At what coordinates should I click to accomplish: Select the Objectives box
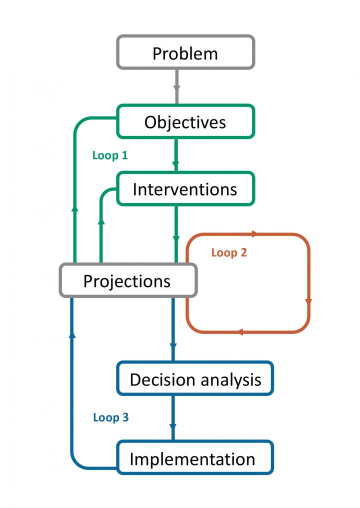[185, 121]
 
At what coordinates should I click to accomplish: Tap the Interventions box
[185, 189]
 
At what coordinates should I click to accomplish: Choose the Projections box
[127, 280]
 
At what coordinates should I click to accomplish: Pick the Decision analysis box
[195, 379]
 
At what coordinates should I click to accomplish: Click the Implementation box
[195, 458]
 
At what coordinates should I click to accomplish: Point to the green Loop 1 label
[110, 155]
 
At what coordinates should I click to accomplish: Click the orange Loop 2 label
[229, 252]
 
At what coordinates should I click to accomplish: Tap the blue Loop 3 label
[111, 417]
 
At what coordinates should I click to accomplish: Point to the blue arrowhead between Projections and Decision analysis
[173, 346]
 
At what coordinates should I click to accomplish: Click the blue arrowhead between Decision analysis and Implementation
[173, 428]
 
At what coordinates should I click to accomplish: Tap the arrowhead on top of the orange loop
[255, 233]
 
